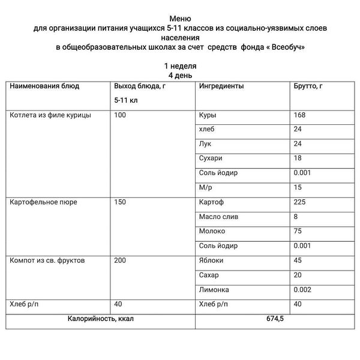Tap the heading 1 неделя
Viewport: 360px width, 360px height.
point(180,65)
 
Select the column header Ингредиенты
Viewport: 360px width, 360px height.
point(221,86)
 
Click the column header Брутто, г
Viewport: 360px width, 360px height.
point(308,86)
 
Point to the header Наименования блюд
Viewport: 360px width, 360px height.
point(44,86)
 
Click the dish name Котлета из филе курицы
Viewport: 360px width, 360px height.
point(50,115)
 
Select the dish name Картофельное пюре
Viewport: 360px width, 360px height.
point(43,202)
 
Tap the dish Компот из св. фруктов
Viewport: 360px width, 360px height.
point(47,260)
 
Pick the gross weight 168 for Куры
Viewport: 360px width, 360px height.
point(299,115)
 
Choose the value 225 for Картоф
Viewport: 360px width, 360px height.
point(299,202)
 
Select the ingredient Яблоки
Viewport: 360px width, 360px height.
point(211,260)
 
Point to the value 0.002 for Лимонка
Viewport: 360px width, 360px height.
point(303,289)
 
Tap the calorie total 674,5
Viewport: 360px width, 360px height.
point(274,319)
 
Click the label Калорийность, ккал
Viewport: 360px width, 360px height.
point(101,319)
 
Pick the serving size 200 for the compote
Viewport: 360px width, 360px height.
point(120,260)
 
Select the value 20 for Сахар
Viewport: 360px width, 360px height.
point(298,275)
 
